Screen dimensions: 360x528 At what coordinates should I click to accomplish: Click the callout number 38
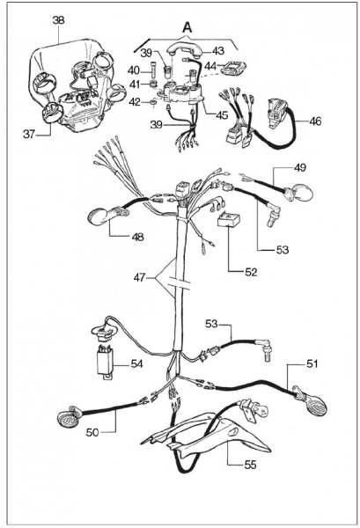58,20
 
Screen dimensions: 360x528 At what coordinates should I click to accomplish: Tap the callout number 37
29,135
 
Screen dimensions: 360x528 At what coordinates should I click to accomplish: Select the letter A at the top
187,27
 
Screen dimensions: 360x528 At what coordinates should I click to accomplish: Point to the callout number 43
218,51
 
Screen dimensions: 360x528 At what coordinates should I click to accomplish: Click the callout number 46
315,121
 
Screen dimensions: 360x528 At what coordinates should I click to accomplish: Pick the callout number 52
251,272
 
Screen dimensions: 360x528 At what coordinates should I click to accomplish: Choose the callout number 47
140,278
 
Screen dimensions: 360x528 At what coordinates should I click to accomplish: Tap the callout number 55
250,465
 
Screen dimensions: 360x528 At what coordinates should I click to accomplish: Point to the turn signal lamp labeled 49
299,193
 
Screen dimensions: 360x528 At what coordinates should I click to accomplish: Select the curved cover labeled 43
184,51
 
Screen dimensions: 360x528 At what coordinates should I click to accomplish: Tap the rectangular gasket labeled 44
233,68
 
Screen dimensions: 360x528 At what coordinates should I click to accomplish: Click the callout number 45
222,114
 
